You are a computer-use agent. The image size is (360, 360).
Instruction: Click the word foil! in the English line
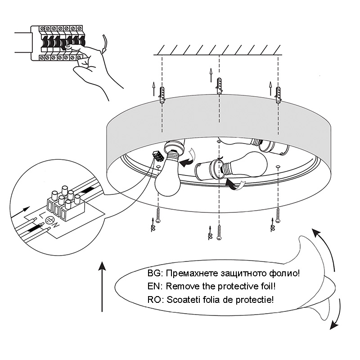[266, 286]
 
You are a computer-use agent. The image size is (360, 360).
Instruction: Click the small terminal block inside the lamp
[158, 155]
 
